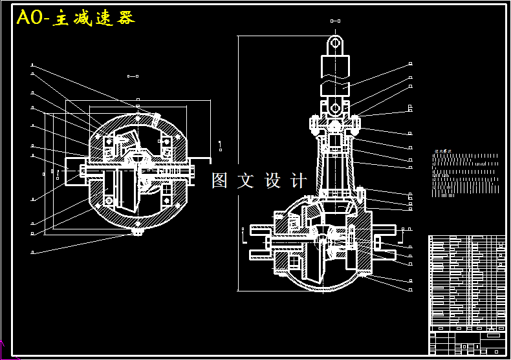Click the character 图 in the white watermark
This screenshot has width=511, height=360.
220,180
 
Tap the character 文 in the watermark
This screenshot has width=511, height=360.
246,180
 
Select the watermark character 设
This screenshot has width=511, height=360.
273,180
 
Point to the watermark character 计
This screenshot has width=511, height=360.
299,180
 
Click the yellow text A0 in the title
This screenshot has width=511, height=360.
30,18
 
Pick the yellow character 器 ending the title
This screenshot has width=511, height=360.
125,18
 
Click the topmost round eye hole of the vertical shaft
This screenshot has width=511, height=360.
335,42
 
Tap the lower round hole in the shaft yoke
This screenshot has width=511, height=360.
334,105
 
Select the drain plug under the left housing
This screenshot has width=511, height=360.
138,231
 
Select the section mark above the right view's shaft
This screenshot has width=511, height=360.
335,21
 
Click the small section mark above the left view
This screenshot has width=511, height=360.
133,76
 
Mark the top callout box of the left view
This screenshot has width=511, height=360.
32,65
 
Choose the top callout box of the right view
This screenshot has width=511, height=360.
410,64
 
